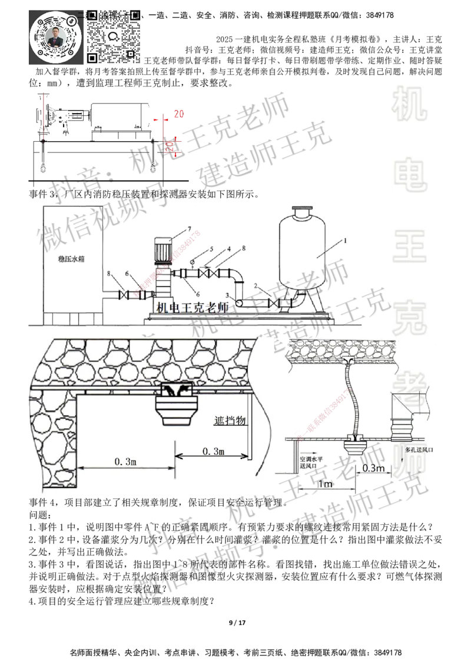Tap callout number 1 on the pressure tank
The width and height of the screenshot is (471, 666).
tap(346, 241)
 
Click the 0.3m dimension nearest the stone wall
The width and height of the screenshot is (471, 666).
tap(127, 462)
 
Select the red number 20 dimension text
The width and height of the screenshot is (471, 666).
tap(170, 146)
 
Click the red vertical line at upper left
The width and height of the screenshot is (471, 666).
tap(44, 115)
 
